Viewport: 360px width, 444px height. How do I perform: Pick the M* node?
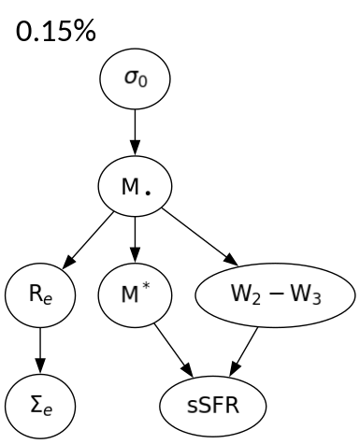pyautogui.click(x=135, y=299)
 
